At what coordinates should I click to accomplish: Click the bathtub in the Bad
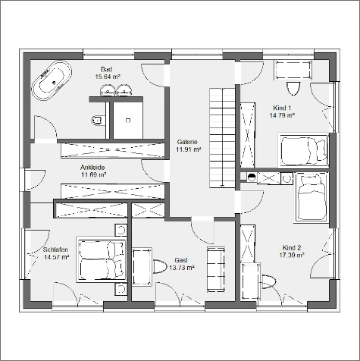point(52,80)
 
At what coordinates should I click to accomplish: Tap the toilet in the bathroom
point(99,120)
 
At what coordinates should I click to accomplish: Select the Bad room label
point(106,69)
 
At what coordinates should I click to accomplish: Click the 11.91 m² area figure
point(188,149)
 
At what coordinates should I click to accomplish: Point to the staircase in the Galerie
point(222,138)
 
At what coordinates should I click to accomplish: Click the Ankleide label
point(92,168)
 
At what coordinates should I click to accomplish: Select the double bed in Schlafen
point(102,259)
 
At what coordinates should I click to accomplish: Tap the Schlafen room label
point(55,250)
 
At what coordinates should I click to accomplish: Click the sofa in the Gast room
point(216,269)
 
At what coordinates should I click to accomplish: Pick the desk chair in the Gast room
point(160,267)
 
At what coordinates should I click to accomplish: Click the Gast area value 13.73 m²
point(182,268)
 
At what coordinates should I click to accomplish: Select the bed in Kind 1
point(303,150)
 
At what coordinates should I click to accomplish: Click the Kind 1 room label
point(282,108)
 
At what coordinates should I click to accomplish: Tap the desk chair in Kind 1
point(293,89)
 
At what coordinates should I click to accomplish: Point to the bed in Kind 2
point(311,198)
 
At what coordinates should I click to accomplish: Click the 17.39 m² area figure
point(292,255)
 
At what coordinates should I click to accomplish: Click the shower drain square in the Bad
point(128,121)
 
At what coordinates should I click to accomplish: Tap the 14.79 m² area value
point(282,115)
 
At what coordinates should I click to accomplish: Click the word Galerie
point(187,142)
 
